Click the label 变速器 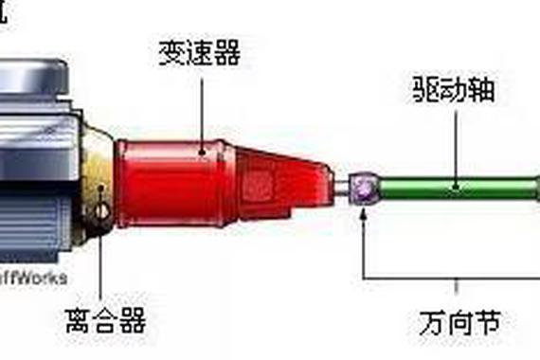click(x=200, y=53)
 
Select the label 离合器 click(x=107, y=319)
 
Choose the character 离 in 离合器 click(x=80, y=319)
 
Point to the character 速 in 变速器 click(x=200, y=53)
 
